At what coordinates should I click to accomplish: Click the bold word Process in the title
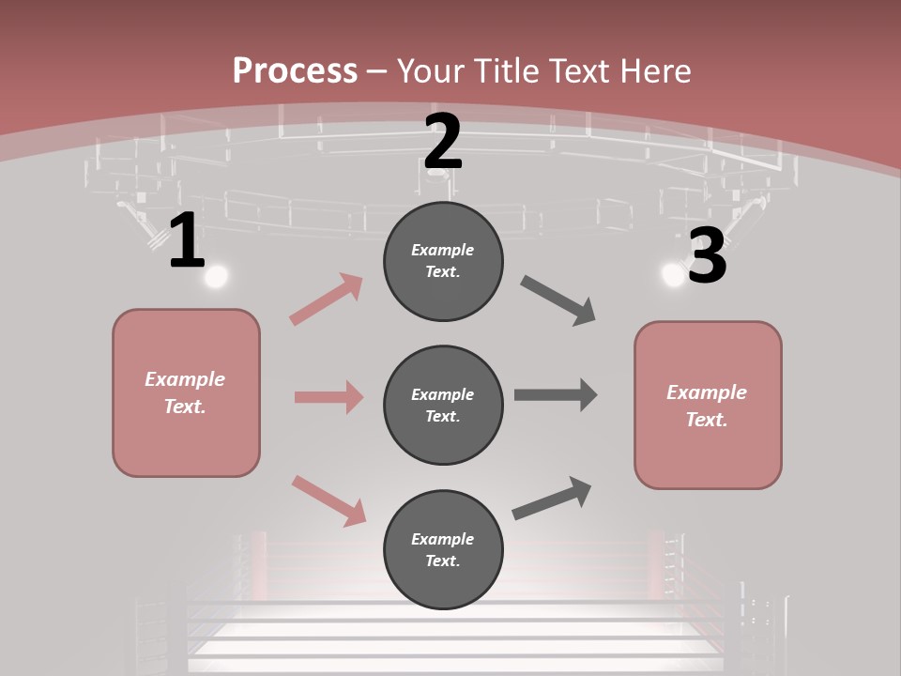[x=295, y=70]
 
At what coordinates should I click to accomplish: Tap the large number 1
[x=187, y=240]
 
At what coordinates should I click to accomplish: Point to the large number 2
[x=443, y=143]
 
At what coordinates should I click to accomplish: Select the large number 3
[x=707, y=256]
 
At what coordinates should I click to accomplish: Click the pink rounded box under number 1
[x=186, y=392]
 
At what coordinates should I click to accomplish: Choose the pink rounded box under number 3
[x=708, y=405]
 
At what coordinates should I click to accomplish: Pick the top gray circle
[x=443, y=261]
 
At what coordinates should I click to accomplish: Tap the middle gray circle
[x=443, y=405]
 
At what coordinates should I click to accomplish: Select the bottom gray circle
[x=443, y=549]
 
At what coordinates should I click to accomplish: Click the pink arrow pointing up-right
[x=327, y=300]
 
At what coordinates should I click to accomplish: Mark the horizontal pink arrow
[x=328, y=397]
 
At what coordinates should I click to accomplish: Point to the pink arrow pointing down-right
[x=329, y=500]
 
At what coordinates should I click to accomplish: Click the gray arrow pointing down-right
[x=558, y=300]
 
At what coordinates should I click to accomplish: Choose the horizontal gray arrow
[x=556, y=395]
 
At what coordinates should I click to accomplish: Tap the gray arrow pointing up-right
[x=552, y=498]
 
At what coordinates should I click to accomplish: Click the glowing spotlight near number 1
[x=217, y=276]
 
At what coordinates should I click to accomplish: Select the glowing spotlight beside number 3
[x=673, y=274]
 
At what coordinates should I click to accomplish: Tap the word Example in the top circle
[x=443, y=250]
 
